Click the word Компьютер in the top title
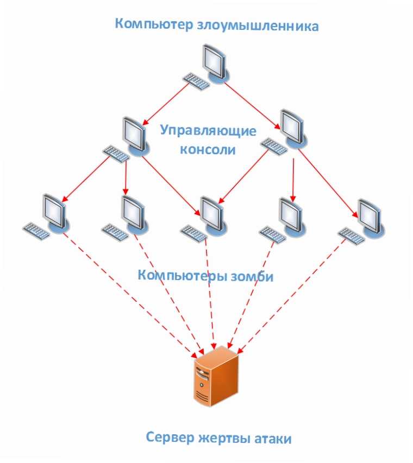[154, 24]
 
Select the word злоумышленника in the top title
[258, 26]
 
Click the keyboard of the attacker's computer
[196, 81]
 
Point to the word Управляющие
[208, 130]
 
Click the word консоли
[208, 149]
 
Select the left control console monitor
[135, 136]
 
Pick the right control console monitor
[293, 129]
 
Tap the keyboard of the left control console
[116, 154]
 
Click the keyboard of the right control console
[274, 147]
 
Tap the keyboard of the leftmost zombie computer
[36, 231]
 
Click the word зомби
[252, 276]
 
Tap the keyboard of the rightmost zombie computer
[352, 236]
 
